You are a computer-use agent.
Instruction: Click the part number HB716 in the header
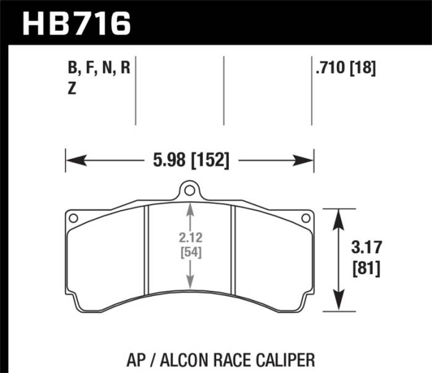tap(77, 23)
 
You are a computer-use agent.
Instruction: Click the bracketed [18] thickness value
tap(364, 68)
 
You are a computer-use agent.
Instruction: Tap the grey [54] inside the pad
tap(190, 252)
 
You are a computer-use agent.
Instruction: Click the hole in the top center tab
tap(190, 190)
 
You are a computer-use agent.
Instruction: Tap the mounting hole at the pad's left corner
tap(73, 217)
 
